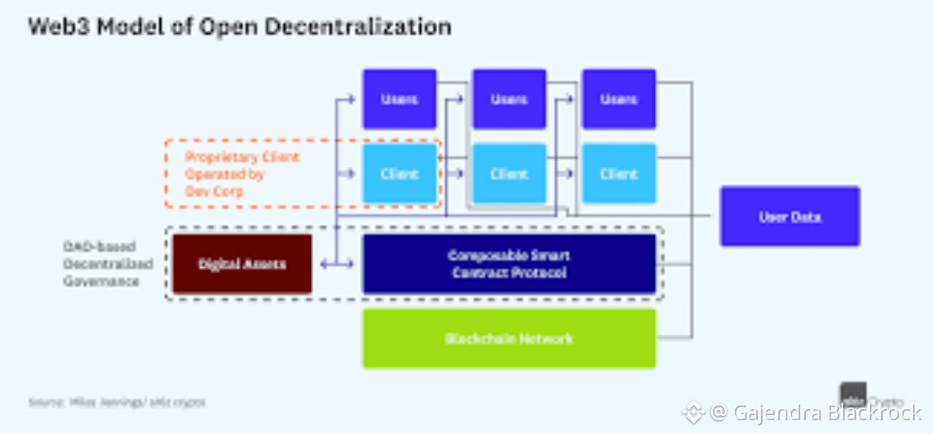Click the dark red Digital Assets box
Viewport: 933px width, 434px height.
tap(242, 264)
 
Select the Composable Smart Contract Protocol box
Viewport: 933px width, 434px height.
tap(509, 264)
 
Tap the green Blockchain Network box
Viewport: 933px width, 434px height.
tap(509, 338)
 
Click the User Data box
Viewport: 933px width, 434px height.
tap(790, 216)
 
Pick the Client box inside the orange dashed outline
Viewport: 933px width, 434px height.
tap(398, 174)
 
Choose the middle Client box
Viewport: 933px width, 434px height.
tap(509, 174)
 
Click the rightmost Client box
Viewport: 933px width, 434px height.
tap(619, 174)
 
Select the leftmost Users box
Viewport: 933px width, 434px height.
tap(398, 99)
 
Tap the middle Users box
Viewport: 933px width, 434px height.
tap(509, 99)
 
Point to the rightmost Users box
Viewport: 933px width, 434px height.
tap(619, 99)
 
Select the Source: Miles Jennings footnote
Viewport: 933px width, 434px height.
tap(117, 402)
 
